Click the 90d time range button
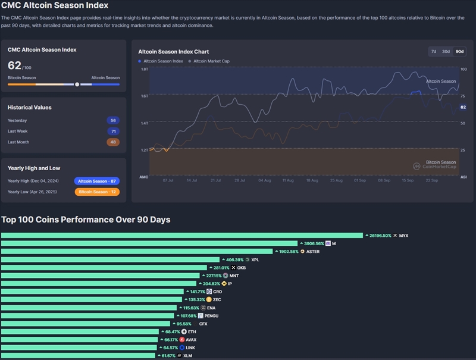point(459,52)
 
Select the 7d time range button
point(434,52)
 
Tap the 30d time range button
point(446,52)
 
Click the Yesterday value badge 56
point(113,120)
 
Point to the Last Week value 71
point(113,131)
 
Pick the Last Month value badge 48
point(113,142)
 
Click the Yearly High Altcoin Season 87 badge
point(96,181)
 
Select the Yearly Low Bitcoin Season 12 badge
point(96,192)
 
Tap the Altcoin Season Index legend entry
point(161,61)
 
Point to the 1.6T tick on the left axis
point(144,96)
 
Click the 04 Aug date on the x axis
point(264,180)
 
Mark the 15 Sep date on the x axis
point(408,180)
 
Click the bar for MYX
point(181,236)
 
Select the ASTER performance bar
point(137,252)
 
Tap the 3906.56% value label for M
point(312,243)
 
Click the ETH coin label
point(192,331)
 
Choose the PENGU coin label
point(211,315)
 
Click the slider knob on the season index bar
point(77,84)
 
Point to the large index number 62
point(14,65)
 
